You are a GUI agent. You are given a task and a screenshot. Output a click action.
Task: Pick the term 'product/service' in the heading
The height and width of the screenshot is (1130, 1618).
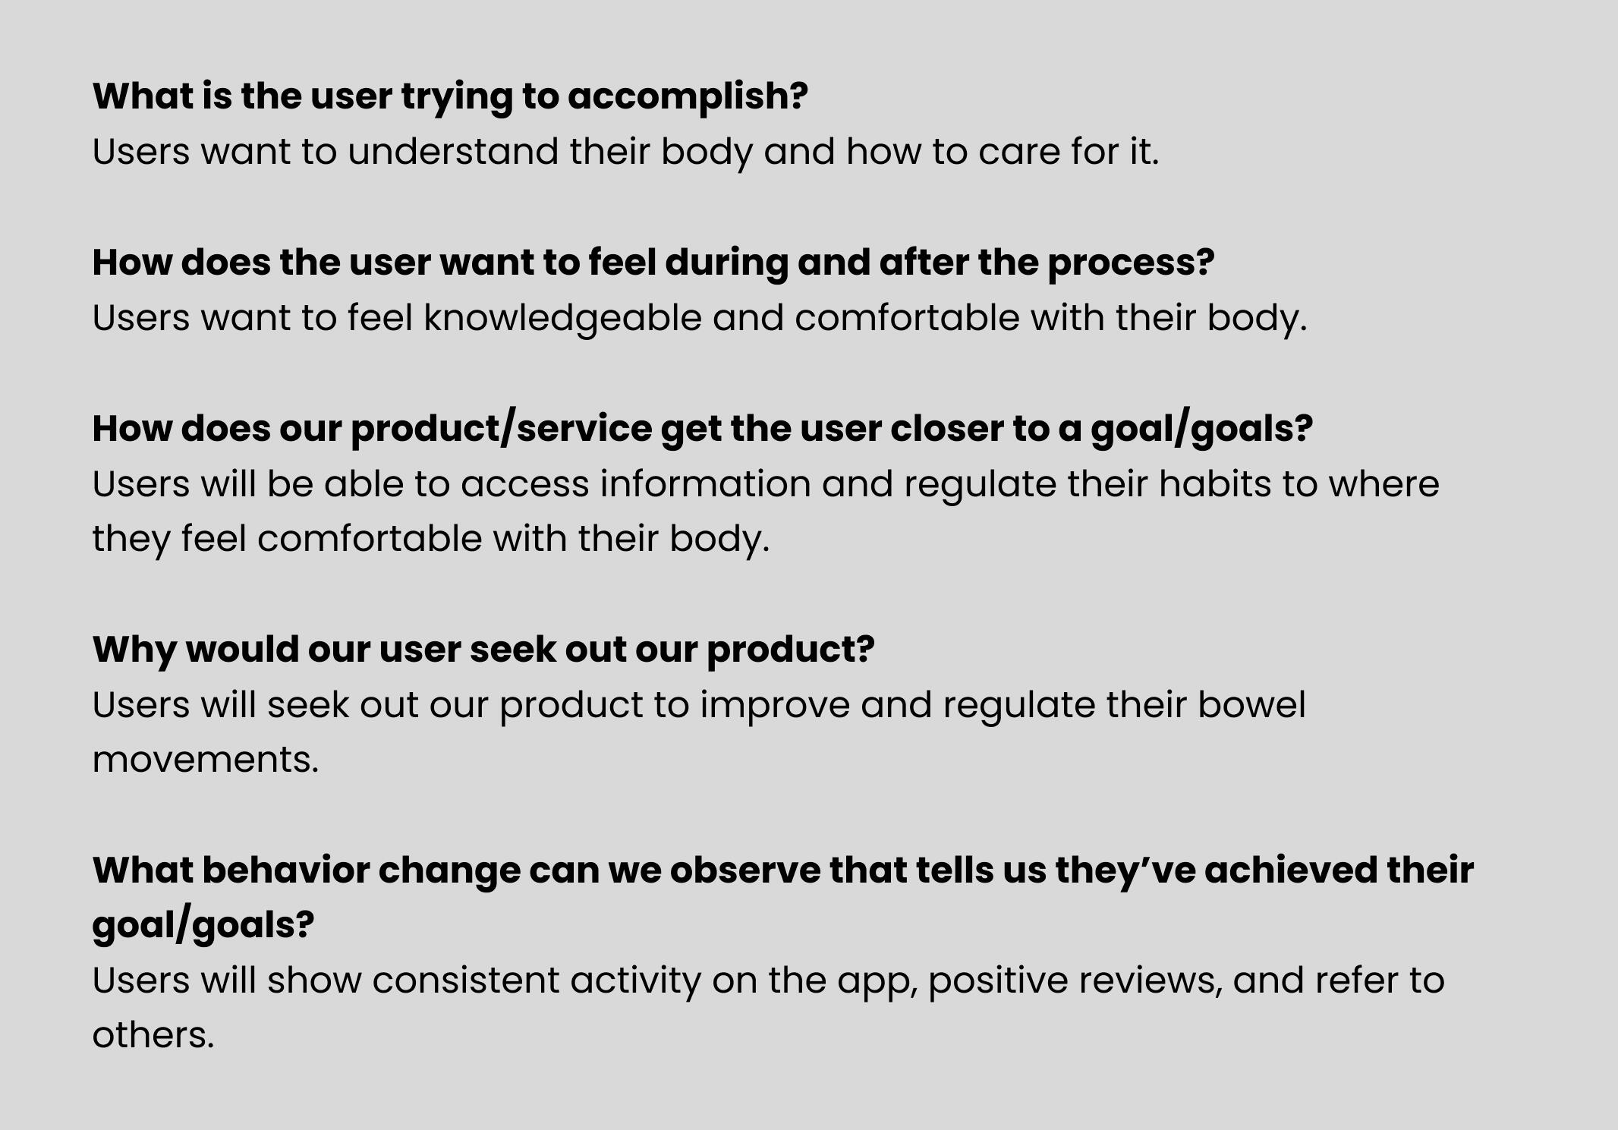coord(500,430)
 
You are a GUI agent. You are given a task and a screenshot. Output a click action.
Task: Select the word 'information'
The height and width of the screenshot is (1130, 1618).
coord(705,484)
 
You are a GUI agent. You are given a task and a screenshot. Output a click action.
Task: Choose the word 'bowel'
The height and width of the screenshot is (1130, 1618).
coord(1251,705)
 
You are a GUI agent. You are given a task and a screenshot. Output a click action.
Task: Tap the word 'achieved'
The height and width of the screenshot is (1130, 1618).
coord(1290,870)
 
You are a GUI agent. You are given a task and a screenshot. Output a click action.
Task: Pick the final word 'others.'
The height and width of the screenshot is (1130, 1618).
coord(153,1035)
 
